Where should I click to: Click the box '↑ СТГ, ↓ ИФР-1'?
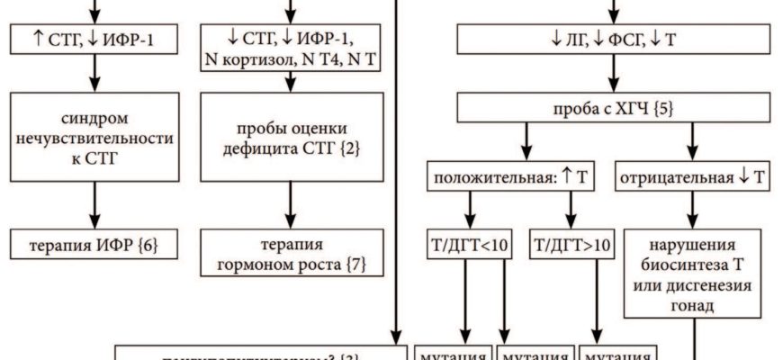point(93,38)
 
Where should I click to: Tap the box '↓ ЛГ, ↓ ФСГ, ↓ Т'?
point(614,38)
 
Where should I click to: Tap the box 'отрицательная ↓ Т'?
point(692,177)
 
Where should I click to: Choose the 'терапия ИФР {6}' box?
point(93,243)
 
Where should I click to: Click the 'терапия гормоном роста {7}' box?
point(289,254)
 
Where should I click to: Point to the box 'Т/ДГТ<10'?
point(469,242)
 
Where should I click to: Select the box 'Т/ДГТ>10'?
point(568,242)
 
